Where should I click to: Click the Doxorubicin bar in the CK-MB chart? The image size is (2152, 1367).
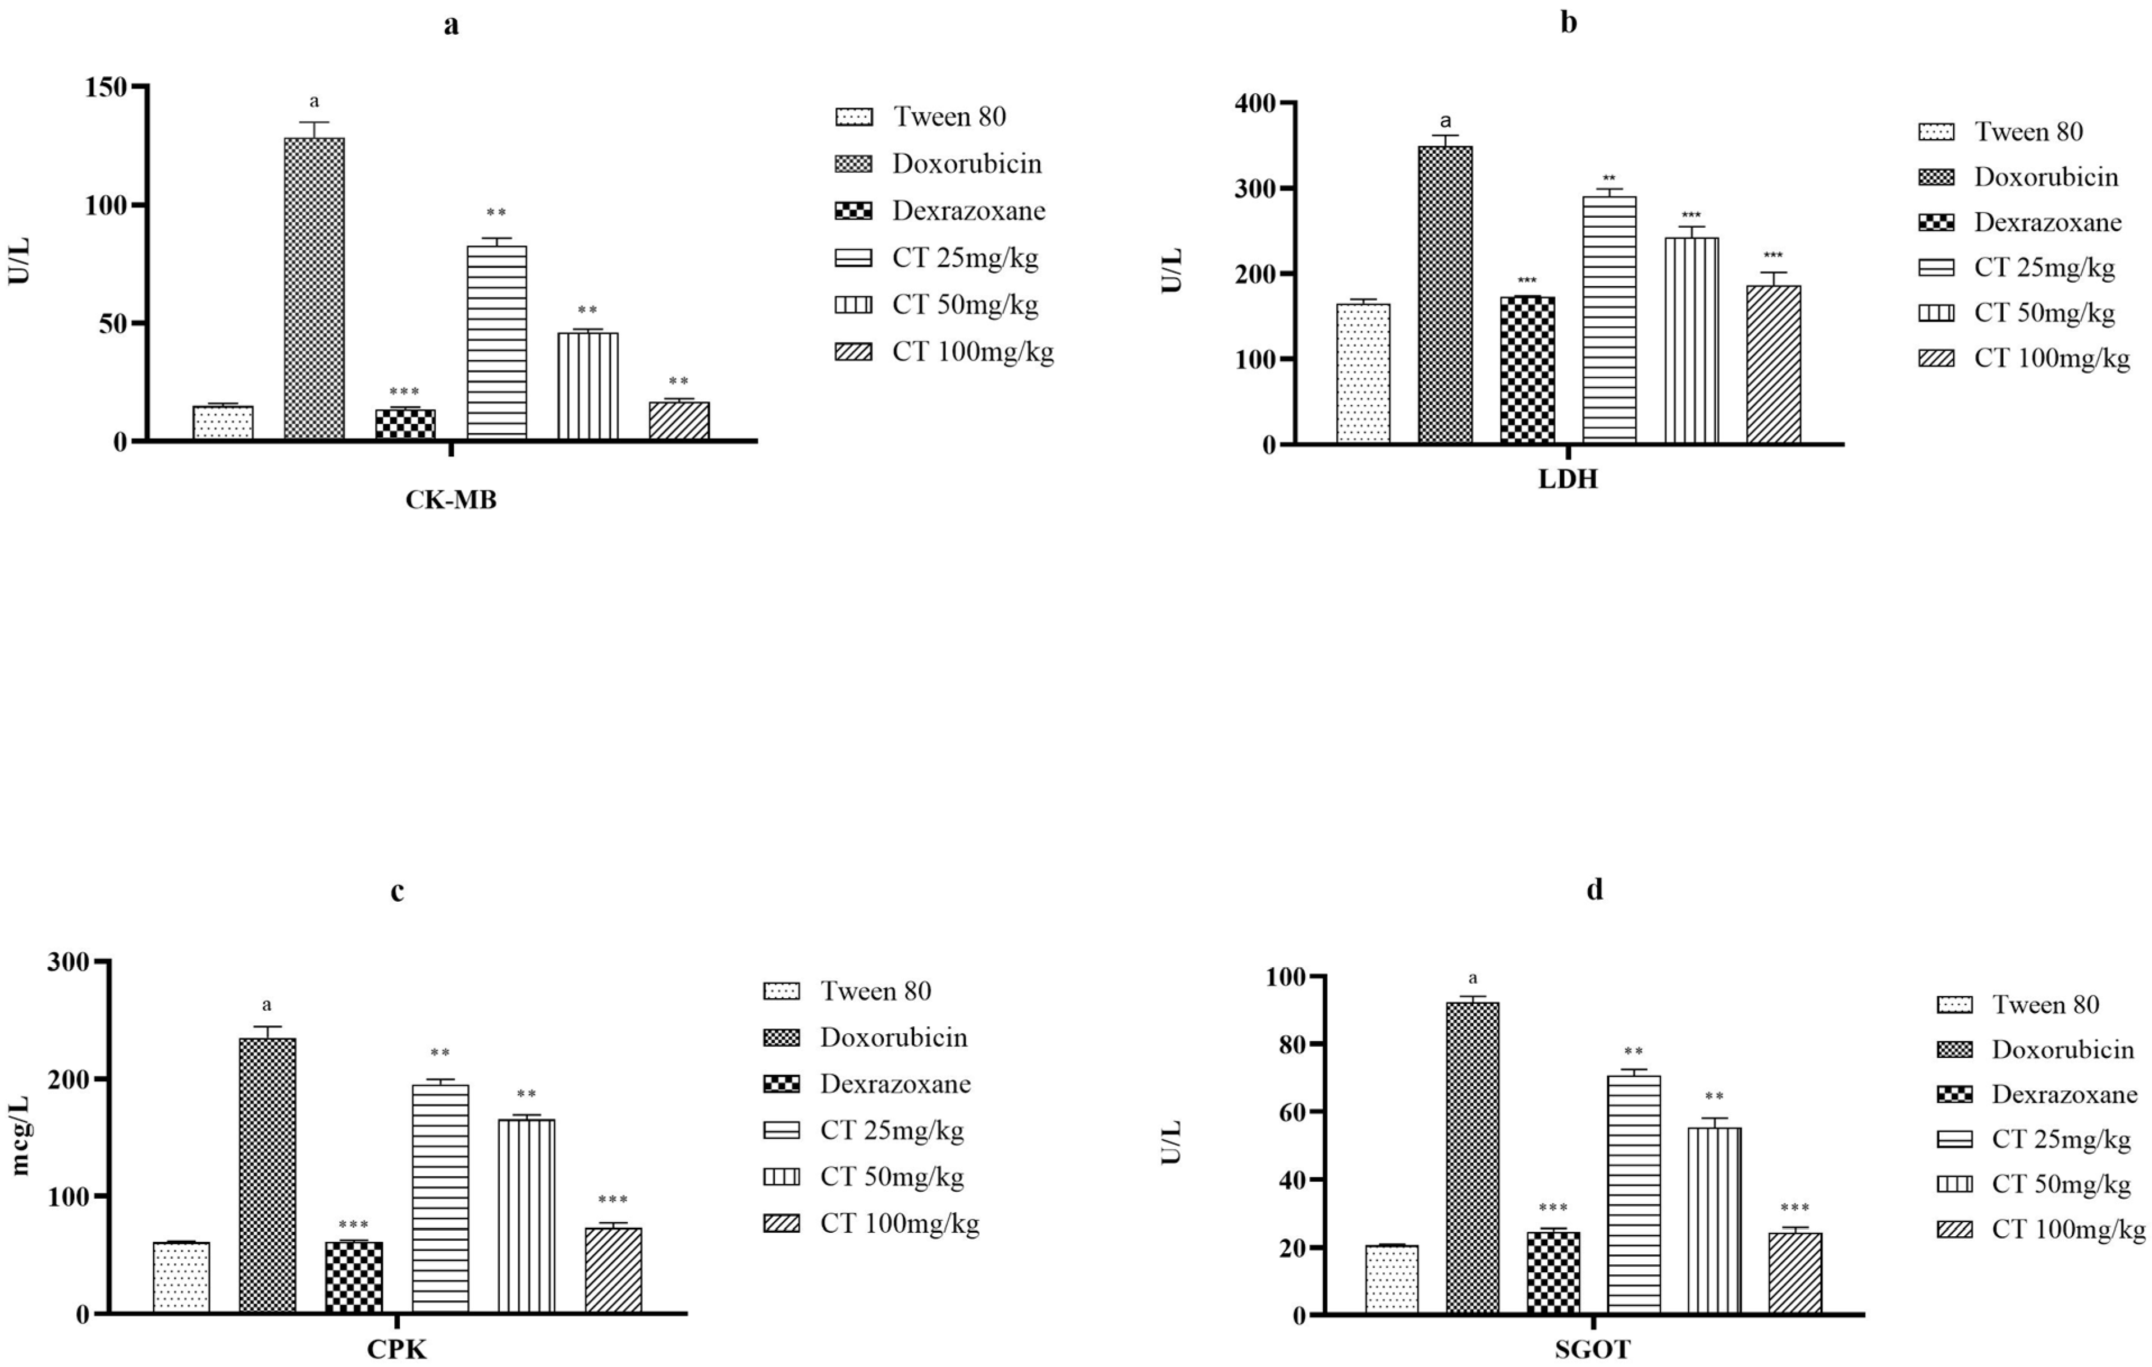[314, 288]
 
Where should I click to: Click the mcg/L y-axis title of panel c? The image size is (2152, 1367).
[20, 1135]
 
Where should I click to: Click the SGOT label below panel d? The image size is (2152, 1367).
[1593, 1349]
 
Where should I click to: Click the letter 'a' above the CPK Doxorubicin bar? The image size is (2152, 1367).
[266, 1005]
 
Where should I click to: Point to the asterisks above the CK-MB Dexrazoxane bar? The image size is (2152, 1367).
[404, 391]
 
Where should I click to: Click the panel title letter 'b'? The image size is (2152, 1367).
[1569, 22]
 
